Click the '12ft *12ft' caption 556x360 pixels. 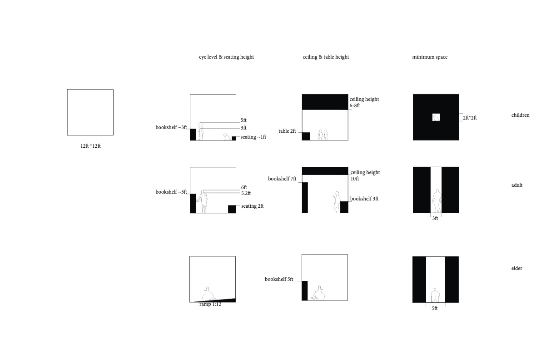pos(90,146)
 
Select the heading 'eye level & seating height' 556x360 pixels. pos(226,57)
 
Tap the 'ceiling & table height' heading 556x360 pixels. pos(326,57)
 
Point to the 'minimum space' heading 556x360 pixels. pos(430,57)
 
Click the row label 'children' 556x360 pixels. pos(520,115)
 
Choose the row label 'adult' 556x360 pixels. pos(517,185)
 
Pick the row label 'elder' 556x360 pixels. pos(517,269)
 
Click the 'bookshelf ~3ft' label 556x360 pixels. pos(171,128)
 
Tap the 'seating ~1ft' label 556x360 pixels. pos(253,137)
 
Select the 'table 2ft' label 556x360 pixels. pos(287,131)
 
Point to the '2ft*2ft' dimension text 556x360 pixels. pos(470,118)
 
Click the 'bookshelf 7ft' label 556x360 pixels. pos(282,179)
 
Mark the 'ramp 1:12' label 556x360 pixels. pos(210,304)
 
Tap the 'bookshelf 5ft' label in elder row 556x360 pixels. pos(279,280)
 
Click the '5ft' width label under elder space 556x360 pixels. pos(435,309)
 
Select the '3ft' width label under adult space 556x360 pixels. pos(435,219)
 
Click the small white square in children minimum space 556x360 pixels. pos(436,117)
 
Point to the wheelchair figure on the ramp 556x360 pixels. pos(208,293)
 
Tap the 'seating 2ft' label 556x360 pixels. pos(252,206)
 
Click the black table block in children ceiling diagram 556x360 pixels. pos(306,136)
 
